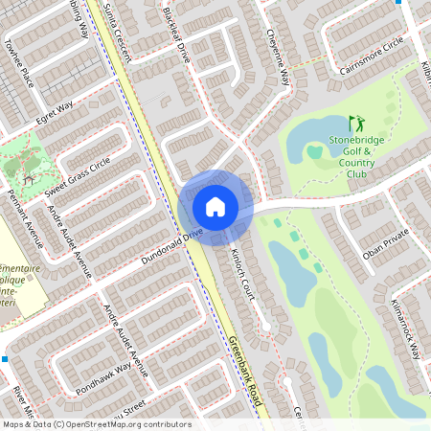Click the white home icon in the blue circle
pyautogui.click(x=215, y=206)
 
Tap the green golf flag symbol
pyautogui.click(x=355, y=124)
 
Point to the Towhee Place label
pyautogui.click(x=19, y=62)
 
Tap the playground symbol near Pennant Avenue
pyautogui.click(x=28, y=178)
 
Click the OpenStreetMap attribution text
pyautogui.click(x=96, y=423)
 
